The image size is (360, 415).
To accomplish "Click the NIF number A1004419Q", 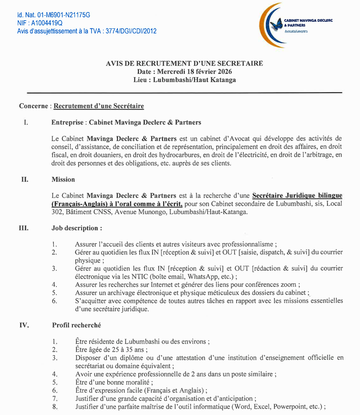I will coord(42,23).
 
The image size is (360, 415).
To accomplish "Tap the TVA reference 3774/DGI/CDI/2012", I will coord(130,31).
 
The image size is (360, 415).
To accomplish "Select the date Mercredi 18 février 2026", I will coord(192,71).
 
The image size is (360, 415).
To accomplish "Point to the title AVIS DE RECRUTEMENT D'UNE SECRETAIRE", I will coord(184,63).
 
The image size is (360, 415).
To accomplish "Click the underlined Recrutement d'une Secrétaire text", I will coord(99,106).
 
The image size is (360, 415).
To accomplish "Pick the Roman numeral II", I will coord(24,179).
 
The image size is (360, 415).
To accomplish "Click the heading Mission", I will coord(63,179).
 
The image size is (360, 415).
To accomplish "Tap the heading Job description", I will coord(76,228).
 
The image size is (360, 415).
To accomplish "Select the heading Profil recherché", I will coord(78,325).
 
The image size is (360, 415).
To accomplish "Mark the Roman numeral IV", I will coord(24,325).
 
